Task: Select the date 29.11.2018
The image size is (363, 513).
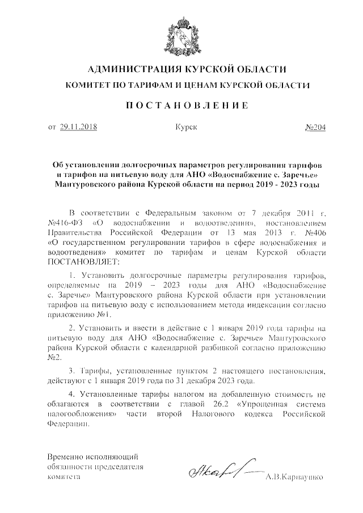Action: [78, 127]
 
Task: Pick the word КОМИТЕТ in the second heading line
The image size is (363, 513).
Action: [91, 86]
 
